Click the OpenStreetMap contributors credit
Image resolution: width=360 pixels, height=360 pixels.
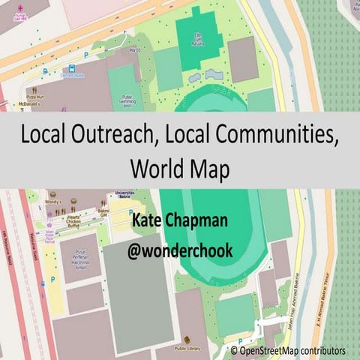pos(292,350)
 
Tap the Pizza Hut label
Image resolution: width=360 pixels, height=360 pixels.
pos(36,97)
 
